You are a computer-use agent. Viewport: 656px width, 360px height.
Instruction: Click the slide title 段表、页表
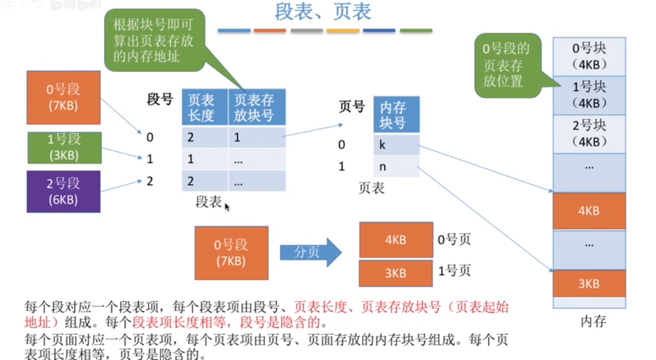(x=323, y=12)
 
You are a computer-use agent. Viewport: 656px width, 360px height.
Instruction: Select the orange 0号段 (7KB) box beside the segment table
(x=64, y=97)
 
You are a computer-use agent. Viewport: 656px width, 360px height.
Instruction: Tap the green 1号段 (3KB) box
(x=64, y=148)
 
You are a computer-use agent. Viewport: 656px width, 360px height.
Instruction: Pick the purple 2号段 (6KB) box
(x=64, y=191)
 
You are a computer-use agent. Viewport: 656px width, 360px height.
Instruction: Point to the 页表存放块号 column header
(x=255, y=108)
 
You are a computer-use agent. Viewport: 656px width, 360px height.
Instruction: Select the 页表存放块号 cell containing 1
(x=255, y=137)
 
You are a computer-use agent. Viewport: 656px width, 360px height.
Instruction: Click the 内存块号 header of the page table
(x=396, y=115)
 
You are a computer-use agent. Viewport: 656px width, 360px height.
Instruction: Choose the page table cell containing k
(x=396, y=145)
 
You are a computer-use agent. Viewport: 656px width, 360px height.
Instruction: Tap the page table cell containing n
(x=396, y=166)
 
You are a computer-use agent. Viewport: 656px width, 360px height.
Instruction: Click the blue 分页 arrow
(x=310, y=252)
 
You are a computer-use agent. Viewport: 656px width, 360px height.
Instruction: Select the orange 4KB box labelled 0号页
(x=395, y=240)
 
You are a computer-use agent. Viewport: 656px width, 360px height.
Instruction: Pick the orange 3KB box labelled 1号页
(x=395, y=273)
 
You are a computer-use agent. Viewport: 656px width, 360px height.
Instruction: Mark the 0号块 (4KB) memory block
(x=589, y=56)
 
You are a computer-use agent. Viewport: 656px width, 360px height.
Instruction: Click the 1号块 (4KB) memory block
(x=589, y=95)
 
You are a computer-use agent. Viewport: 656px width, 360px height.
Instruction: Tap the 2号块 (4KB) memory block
(x=589, y=133)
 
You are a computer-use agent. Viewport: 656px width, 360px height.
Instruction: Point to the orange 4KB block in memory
(x=589, y=210)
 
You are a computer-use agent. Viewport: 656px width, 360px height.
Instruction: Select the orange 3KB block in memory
(x=589, y=284)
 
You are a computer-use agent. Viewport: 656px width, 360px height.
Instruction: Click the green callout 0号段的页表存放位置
(x=506, y=65)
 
